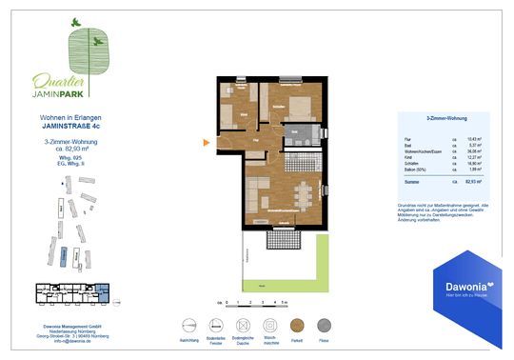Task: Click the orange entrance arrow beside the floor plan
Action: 205,145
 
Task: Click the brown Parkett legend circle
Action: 296,324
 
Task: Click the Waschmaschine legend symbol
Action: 268,324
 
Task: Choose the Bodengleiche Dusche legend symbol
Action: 243,324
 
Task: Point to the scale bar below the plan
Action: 252,302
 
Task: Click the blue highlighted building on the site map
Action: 62,255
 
